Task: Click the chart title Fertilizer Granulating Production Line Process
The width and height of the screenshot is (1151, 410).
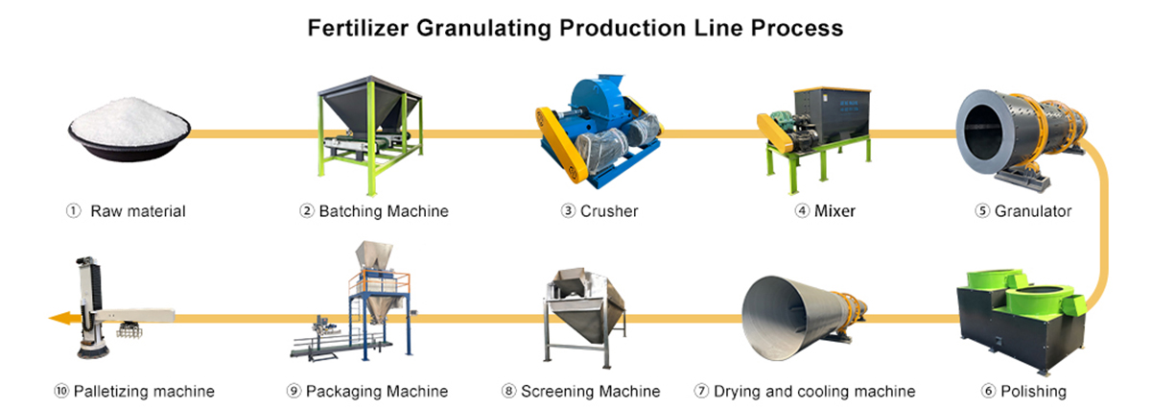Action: (575, 28)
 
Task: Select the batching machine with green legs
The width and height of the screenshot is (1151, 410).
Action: (368, 130)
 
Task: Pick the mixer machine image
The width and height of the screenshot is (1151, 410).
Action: (817, 130)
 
